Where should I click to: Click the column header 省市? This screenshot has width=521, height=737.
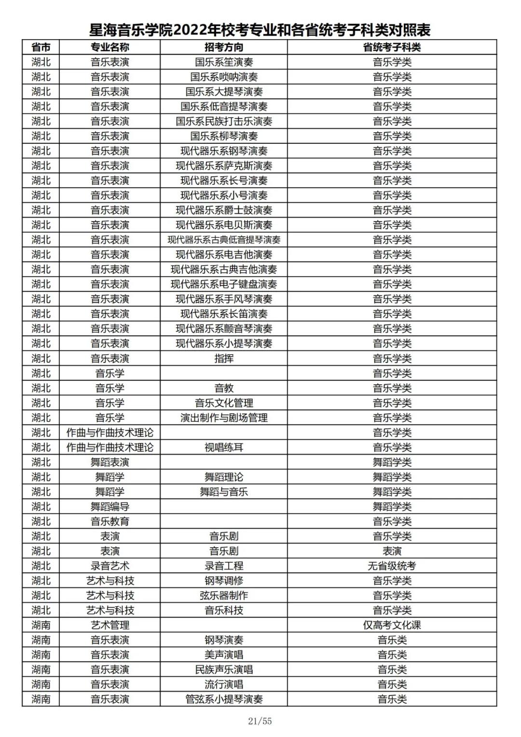(41, 47)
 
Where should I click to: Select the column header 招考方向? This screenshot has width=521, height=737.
(224, 47)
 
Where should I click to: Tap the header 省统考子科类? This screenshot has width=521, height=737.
(392, 47)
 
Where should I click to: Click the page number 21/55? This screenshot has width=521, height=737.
(260, 721)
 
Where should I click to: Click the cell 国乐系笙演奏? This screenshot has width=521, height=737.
(224, 62)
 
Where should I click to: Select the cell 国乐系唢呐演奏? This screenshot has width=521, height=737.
(224, 77)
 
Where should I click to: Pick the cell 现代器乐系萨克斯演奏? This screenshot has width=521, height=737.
(224, 166)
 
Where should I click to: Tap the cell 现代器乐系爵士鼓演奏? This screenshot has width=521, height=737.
(224, 210)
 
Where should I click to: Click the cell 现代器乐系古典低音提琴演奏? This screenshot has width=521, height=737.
(224, 240)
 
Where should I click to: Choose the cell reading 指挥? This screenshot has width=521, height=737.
(224, 358)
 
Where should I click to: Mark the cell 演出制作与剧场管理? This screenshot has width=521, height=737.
(224, 417)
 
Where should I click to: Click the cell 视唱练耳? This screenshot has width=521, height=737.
(224, 447)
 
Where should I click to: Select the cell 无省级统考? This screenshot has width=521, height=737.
(392, 566)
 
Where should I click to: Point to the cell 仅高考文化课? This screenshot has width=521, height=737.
(392, 625)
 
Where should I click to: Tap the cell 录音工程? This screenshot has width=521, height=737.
(224, 566)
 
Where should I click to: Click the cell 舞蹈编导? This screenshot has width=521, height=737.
(110, 506)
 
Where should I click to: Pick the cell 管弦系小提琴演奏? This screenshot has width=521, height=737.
(224, 699)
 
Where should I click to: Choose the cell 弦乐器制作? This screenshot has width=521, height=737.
(224, 595)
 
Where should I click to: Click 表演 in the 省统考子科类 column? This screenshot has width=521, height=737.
(392, 551)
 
